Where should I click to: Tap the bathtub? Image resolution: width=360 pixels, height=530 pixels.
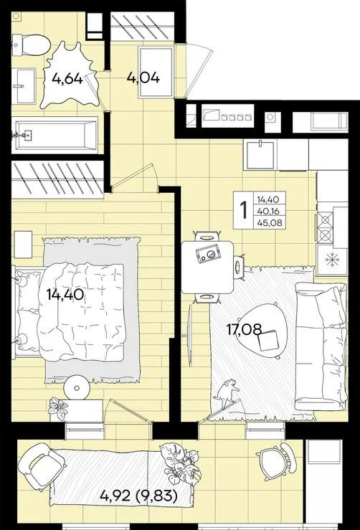click(55, 135)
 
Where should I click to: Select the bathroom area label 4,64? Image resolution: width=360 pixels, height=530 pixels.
click(67, 79)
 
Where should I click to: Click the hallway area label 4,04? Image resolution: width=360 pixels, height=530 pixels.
click(143, 78)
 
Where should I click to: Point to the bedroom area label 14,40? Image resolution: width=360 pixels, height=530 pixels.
click(65, 295)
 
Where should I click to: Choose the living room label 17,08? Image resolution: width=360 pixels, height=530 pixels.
click(245, 329)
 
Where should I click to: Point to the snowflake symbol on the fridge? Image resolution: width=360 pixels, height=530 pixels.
click(331, 260)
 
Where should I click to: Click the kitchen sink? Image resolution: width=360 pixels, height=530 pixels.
click(260, 155)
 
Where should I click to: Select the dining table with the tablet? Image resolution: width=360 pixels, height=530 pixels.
click(207, 267)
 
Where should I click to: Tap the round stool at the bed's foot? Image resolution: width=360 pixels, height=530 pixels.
click(77, 388)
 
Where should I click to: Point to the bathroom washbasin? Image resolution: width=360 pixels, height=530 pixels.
click(24, 87)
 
